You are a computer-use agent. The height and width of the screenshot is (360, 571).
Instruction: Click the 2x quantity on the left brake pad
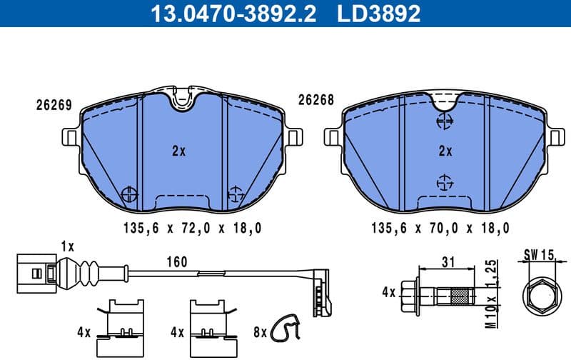coord(178,151)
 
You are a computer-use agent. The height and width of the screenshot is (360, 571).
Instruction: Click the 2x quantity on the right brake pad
coord(445,151)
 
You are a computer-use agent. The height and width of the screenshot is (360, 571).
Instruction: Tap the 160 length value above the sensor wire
coord(176,262)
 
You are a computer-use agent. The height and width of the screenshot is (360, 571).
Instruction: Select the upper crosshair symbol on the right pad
coord(445,121)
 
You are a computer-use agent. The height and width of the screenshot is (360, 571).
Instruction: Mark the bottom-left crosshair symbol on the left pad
coord(129,194)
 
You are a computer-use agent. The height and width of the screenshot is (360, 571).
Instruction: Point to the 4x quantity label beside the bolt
coord(388,292)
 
